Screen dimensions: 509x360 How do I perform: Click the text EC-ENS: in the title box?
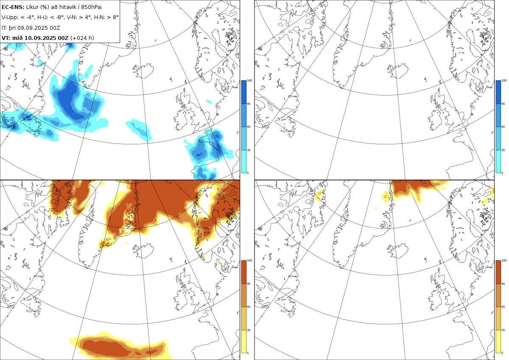(x=13, y=7)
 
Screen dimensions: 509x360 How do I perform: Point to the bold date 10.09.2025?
(x=40, y=38)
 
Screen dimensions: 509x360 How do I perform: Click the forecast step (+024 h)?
(x=82, y=38)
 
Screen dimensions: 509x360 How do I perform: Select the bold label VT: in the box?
(x=6, y=38)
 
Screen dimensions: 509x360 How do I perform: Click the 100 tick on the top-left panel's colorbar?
(x=249, y=81)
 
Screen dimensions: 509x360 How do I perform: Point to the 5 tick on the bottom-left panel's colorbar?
(x=248, y=353)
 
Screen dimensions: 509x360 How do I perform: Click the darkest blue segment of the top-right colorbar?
(x=498, y=92)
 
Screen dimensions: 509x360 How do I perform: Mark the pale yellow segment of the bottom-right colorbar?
(x=498, y=341)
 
